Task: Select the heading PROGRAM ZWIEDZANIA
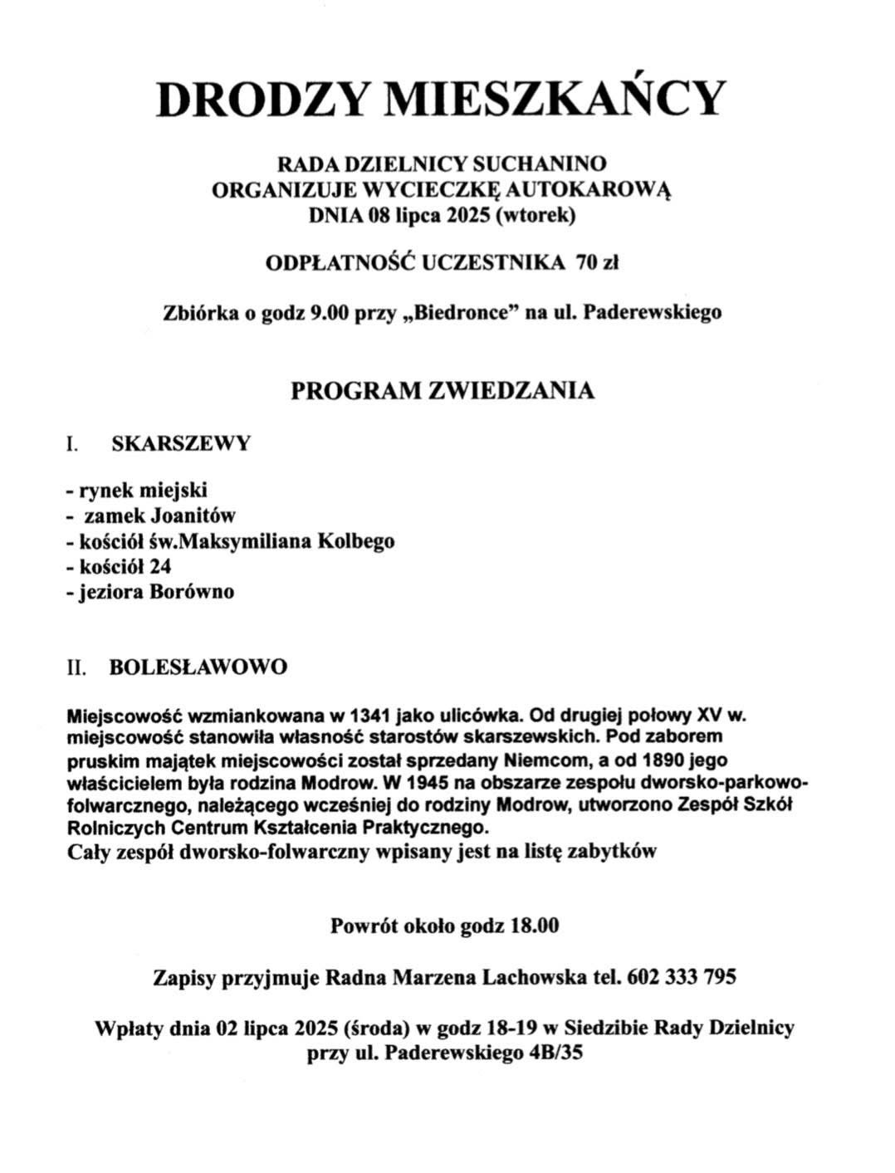[x=443, y=391]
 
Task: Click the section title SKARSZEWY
[x=181, y=443]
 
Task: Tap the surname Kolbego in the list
[x=355, y=541]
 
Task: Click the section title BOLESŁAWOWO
[x=198, y=667]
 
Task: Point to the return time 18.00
[x=534, y=926]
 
